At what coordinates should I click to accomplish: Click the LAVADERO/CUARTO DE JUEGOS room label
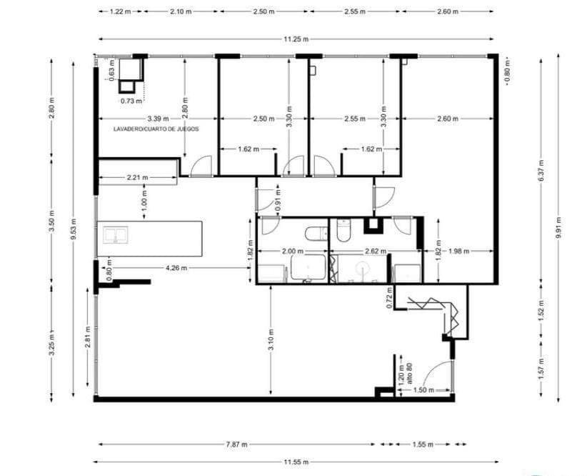click(x=156, y=129)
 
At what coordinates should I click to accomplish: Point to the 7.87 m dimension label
click(x=236, y=444)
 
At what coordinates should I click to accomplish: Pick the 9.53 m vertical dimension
click(x=74, y=233)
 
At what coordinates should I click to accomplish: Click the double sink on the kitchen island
click(x=114, y=235)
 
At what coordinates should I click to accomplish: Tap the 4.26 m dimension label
click(x=176, y=268)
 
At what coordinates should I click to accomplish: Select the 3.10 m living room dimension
click(x=271, y=336)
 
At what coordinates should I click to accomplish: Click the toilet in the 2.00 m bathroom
click(x=313, y=234)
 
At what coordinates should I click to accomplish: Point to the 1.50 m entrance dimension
click(x=424, y=390)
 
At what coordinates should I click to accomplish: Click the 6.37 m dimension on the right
click(x=541, y=172)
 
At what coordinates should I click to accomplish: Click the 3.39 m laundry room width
click(x=157, y=119)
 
